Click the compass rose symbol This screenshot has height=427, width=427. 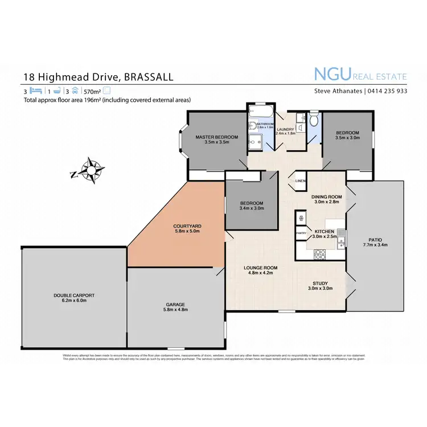[x=90, y=170]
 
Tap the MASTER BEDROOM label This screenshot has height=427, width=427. [x=216, y=137]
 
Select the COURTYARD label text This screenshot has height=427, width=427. [x=187, y=226]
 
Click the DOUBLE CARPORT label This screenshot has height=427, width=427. [x=74, y=295]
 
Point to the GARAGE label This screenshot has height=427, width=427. [x=175, y=305]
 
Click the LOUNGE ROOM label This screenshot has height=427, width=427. [x=260, y=267]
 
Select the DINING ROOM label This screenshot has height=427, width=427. [x=326, y=197]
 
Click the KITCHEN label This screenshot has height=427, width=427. [x=325, y=232]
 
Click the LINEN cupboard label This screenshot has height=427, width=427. [x=300, y=181]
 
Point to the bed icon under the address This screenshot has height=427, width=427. [x=36, y=91]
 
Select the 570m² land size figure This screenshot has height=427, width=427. [x=92, y=91]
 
